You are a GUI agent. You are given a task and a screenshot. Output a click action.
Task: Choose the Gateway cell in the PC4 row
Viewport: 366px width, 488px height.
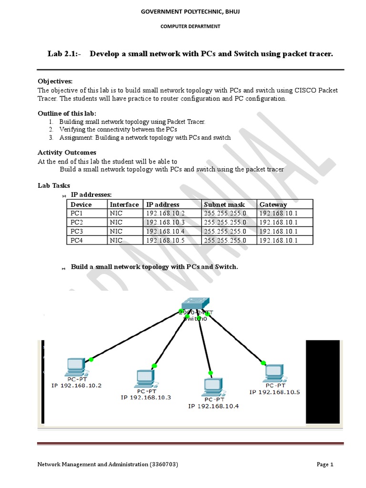[278, 240]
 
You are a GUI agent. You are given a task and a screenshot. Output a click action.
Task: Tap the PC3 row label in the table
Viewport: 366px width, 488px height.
[77, 231]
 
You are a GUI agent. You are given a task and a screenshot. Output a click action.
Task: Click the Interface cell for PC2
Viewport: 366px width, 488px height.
[116, 223]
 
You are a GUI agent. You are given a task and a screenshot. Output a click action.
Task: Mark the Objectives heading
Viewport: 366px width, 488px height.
[55, 81]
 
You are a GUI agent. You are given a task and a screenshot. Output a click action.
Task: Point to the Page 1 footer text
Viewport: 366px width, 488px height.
[325, 465]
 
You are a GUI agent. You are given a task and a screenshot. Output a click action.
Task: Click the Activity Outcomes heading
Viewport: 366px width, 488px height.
[67, 152]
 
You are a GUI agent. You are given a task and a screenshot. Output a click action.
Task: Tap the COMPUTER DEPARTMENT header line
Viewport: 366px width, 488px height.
[190, 27]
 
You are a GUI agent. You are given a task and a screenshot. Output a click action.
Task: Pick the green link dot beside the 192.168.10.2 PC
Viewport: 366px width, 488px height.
[91, 359]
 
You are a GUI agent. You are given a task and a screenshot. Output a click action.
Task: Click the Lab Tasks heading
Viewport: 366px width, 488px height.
[53, 185]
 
